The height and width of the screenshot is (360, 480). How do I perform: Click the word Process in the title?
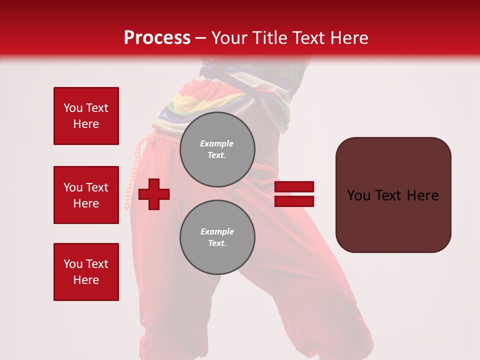click(x=157, y=37)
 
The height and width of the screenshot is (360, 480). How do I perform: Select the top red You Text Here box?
click(x=86, y=116)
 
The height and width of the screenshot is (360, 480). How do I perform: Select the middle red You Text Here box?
click(x=86, y=195)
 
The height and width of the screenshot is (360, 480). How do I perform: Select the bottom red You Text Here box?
click(x=86, y=272)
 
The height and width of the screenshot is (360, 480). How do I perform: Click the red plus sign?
click(x=154, y=194)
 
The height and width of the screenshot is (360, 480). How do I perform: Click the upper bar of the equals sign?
click(x=294, y=187)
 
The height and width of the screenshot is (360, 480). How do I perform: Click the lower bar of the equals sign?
click(x=294, y=201)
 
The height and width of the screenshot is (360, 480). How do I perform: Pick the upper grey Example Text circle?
click(x=217, y=149)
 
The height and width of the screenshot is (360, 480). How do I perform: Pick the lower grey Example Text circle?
click(x=217, y=237)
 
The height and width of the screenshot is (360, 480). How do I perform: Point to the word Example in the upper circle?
click(x=217, y=143)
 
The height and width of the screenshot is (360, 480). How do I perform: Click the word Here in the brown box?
click(x=422, y=195)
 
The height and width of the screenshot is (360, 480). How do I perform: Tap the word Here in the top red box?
click(x=86, y=124)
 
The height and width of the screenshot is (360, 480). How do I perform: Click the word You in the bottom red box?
click(x=72, y=264)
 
